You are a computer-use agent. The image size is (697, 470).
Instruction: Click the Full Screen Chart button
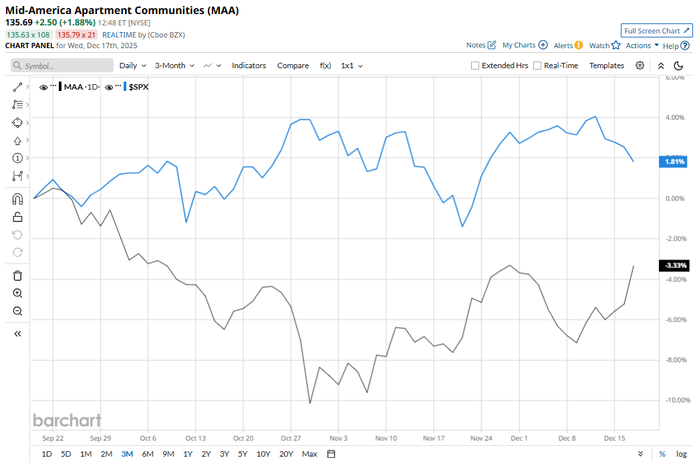pos(656,31)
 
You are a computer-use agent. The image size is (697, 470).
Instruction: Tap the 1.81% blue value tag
pos(674,161)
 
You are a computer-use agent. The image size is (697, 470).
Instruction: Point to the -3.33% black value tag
pos(674,265)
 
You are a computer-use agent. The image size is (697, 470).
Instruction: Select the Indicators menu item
pos(249,66)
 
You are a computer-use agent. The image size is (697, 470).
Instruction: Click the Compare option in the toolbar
pos(293,66)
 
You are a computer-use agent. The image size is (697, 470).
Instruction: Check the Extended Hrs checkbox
pos(475,66)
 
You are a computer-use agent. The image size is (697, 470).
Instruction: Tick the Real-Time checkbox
pos(537,66)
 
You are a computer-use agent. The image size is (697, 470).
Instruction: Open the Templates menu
pos(606,66)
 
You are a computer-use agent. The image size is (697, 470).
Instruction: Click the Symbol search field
pos(62,66)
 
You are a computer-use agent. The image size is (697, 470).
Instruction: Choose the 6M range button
pos(148,454)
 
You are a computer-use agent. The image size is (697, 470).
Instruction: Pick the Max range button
pos(309,454)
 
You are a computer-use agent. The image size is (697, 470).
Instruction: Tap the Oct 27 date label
pos(291,439)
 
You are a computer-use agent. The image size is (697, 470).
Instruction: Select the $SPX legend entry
pos(138,87)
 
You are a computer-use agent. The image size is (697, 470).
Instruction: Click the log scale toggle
pos(681,454)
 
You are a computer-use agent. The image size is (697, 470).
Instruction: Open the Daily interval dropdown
pos(132,66)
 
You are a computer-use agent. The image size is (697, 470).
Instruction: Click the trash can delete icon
pos(18,275)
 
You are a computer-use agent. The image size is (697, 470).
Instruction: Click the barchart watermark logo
pos(67,420)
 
